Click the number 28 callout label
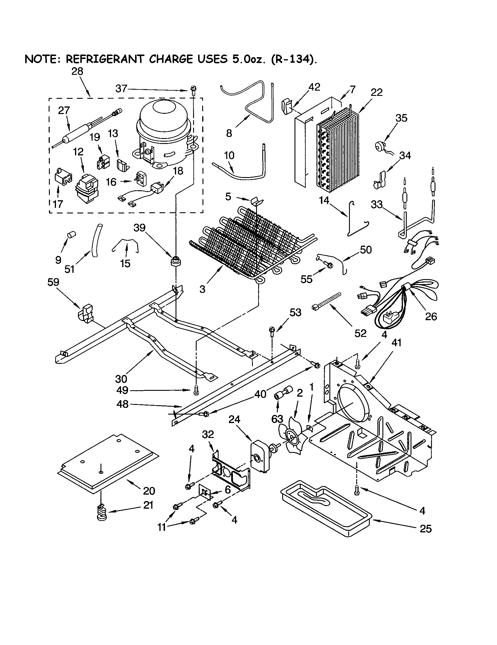(77, 72)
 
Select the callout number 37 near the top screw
(121, 89)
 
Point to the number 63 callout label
(277, 419)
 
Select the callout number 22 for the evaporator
(377, 92)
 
